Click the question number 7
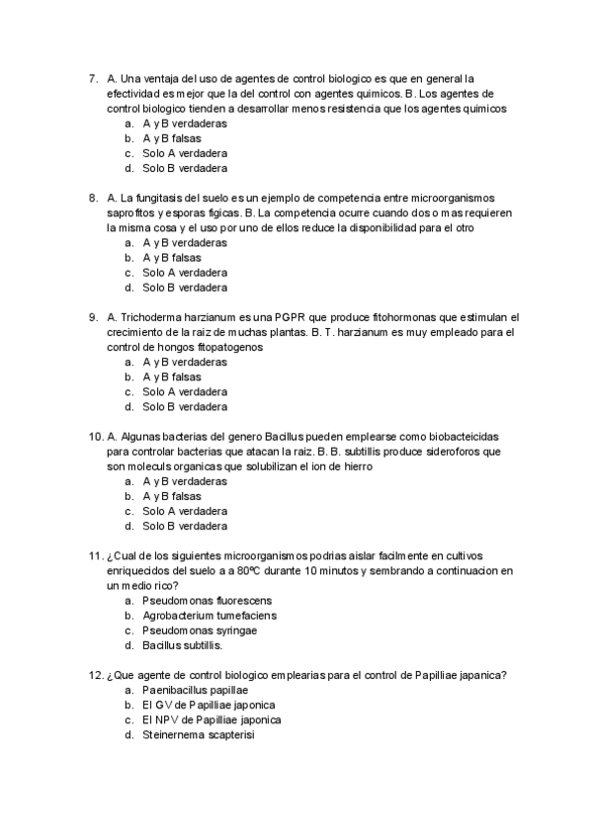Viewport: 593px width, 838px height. click(x=93, y=78)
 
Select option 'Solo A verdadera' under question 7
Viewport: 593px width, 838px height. click(x=184, y=153)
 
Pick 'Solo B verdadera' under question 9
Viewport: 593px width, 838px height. click(x=184, y=406)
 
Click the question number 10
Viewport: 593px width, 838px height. click(x=95, y=437)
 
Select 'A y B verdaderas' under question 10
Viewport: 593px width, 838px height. click(x=184, y=481)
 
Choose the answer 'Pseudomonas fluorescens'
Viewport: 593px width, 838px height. click(x=207, y=601)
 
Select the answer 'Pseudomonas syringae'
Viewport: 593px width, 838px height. click(x=200, y=630)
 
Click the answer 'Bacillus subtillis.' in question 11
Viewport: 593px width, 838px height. click(x=183, y=645)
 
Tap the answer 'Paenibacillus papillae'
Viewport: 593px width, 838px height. click(x=195, y=690)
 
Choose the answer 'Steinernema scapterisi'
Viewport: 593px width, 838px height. click(x=199, y=734)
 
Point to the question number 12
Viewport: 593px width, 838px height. click(x=95, y=675)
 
